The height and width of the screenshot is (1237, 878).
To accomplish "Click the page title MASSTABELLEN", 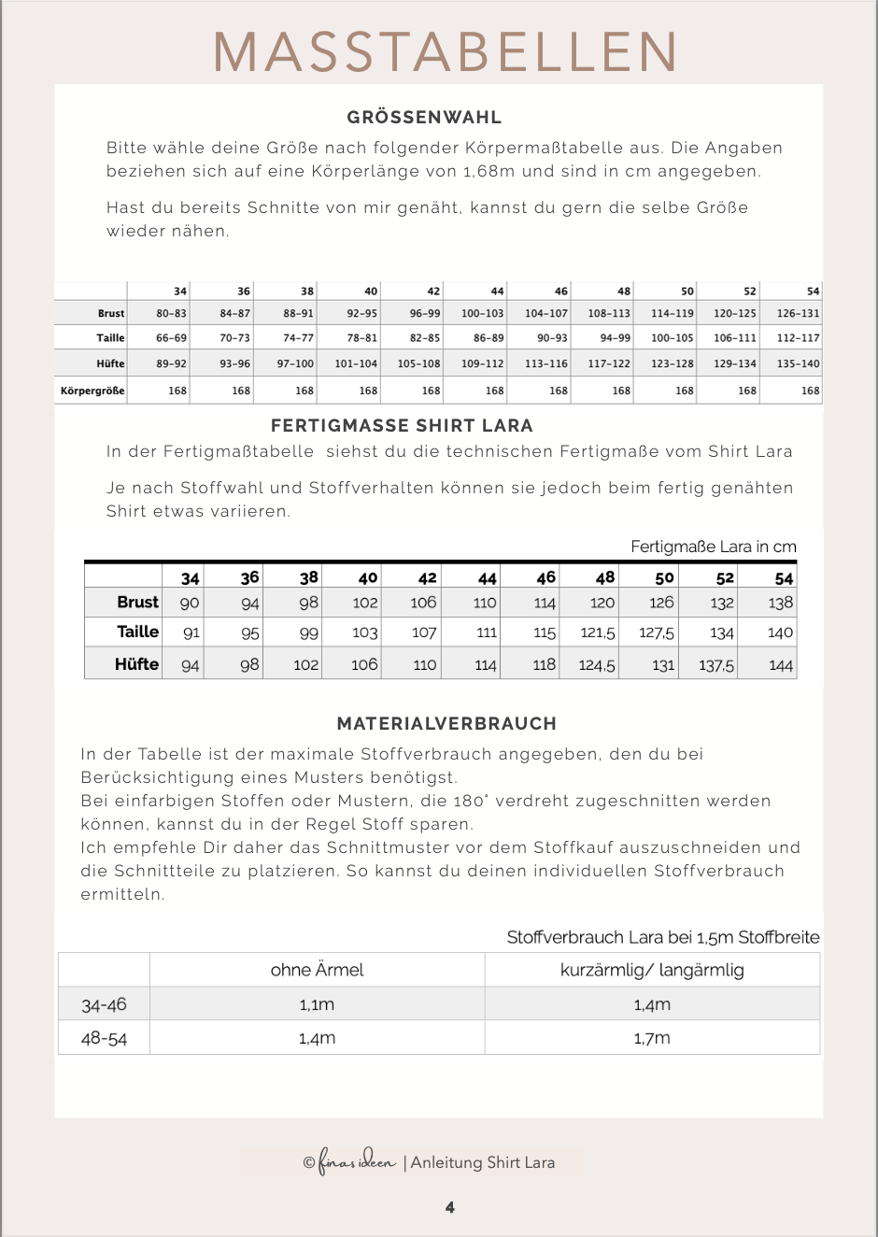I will click(x=446, y=52).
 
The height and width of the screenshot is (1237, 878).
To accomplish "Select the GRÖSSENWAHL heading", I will click(x=425, y=118).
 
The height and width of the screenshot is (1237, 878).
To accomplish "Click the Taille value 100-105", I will click(x=673, y=338).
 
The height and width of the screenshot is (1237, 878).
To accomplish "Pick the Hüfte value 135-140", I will click(x=798, y=363).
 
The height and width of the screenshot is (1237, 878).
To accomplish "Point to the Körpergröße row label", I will click(x=92, y=391).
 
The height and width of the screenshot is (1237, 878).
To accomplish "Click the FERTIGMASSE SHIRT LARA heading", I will click(x=402, y=426).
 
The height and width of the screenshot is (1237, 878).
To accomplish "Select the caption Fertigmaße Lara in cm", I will click(x=713, y=547).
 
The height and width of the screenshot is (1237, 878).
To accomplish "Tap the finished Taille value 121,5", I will click(x=598, y=633).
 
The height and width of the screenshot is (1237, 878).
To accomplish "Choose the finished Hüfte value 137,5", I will click(x=716, y=666).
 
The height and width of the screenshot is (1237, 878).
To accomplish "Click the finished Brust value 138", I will click(x=780, y=604).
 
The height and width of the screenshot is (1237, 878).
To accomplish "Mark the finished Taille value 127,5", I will click(x=657, y=633).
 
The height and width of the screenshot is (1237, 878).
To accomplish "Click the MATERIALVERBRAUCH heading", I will click(x=446, y=724).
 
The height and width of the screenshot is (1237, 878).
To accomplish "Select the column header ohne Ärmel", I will click(x=317, y=970).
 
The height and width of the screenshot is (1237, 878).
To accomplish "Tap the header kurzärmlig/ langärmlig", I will click(x=652, y=970).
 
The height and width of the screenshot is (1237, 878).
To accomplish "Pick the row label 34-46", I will click(x=104, y=1005).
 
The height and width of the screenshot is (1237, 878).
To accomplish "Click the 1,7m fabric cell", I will click(x=652, y=1038).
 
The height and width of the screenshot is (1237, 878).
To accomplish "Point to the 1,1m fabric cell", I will click(x=317, y=1005).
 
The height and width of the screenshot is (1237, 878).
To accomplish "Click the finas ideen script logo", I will click(x=358, y=1161).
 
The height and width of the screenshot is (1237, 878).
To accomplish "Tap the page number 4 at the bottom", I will click(x=450, y=1207).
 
